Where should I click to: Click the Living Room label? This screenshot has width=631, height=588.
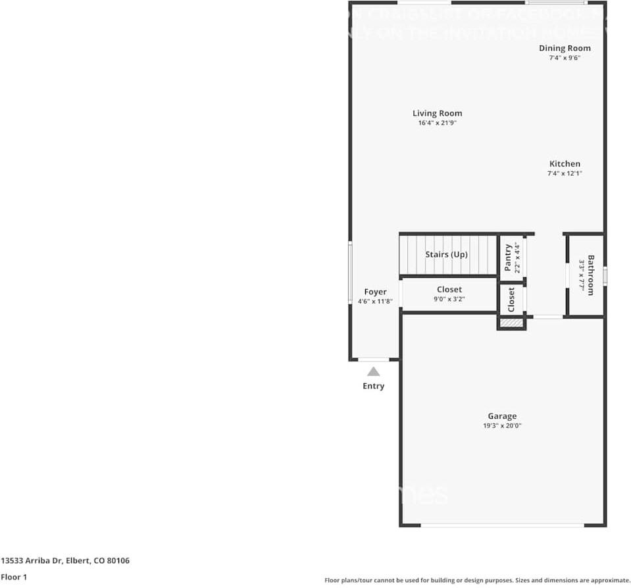tap(437, 113)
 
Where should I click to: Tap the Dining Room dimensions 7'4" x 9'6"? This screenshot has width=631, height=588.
tap(565, 58)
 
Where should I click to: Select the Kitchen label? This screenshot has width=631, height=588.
tap(565, 164)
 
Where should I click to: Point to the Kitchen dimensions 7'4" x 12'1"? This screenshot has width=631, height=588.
tap(565, 174)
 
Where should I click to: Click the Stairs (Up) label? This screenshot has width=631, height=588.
tap(446, 254)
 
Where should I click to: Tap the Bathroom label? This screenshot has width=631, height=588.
tap(591, 275)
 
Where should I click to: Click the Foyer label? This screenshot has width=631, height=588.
tap(375, 292)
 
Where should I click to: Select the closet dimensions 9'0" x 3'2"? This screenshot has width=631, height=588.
tap(449, 299)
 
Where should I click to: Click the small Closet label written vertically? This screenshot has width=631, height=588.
tap(511, 300)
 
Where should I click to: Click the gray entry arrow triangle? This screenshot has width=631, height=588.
tap(373, 371)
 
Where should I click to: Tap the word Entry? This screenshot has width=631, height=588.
tap(373, 386)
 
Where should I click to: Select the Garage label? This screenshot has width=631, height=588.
tap(502, 416)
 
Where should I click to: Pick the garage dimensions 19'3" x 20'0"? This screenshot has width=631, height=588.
tap(502, 426)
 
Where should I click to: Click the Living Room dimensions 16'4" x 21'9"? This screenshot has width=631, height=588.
tap(437, 123)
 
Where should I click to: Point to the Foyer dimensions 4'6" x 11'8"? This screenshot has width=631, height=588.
tap(375, 302)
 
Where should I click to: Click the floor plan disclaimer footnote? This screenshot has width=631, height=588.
tap(477, 580)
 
